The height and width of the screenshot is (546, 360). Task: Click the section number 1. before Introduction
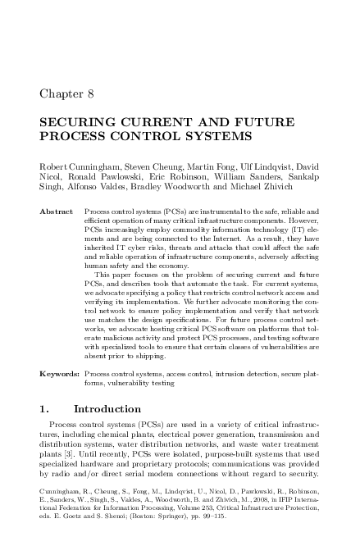click(44, 407)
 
